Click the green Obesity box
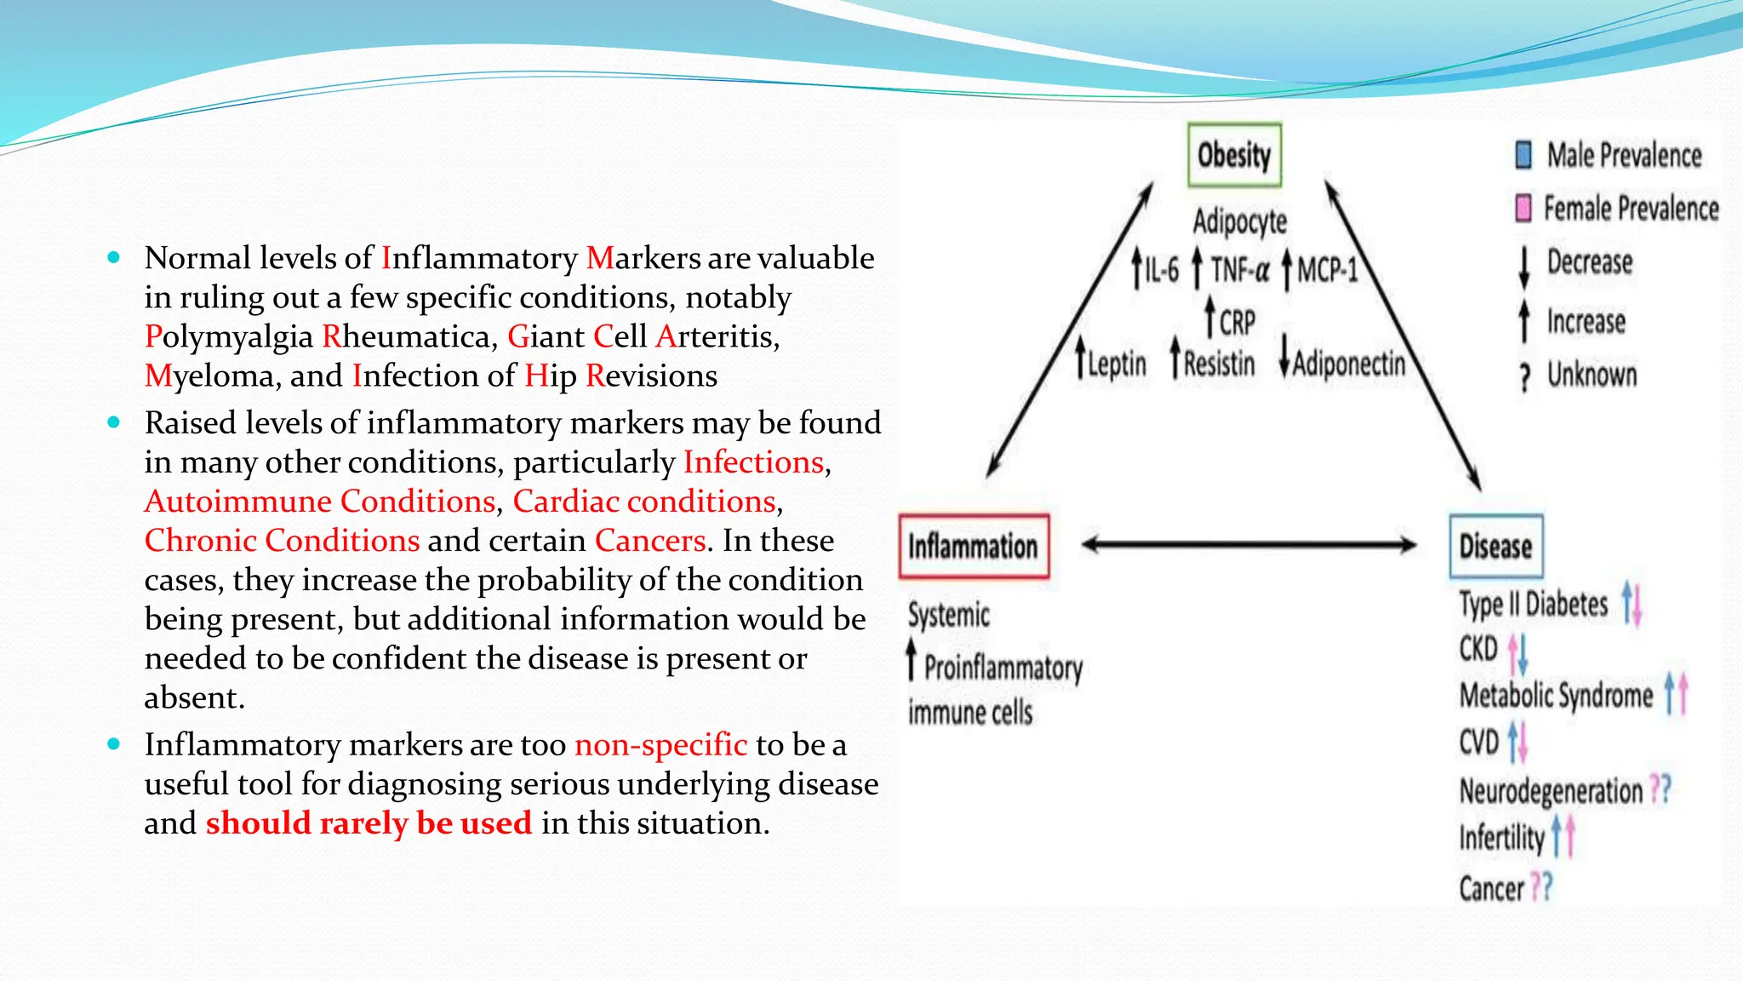pyautogui.click(x=1234, y=155)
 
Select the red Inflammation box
pyautogui.click(x=974, y=547)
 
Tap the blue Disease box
pyautogui.click(x=1495, y=546)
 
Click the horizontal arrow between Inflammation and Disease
pyautogui.click(x=1249, y=544)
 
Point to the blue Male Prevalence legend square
pyautogui.click(x=1523, y=155)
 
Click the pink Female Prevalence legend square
pyautogui.click(x=1523, y=208)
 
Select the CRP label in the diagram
pyautogui.click(x=1237, y=323)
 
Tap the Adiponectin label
pyautogui.click(x=1349, y=364)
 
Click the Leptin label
pyautogui.click(x=1117, y=364)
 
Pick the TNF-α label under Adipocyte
pyautogui.click(x=1240, y=270)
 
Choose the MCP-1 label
pyautogui.click(x=1327, y=270)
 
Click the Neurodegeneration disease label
pyautogui.click(x=1551, y=791)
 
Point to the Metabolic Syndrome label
pyautogui.click(x=1556, y=696)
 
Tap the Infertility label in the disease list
pyautogui.click(x=1501, y=838)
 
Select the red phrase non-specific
pyautogui.click(x=660, y=744)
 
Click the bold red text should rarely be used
pyautogui.click(x=369, y=823)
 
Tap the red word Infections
pyautogui.click(x=753, y=462)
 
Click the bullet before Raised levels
pyautogui.click(x=114, y=422)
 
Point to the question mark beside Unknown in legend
pyautogui.click(x=1525, y=376)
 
